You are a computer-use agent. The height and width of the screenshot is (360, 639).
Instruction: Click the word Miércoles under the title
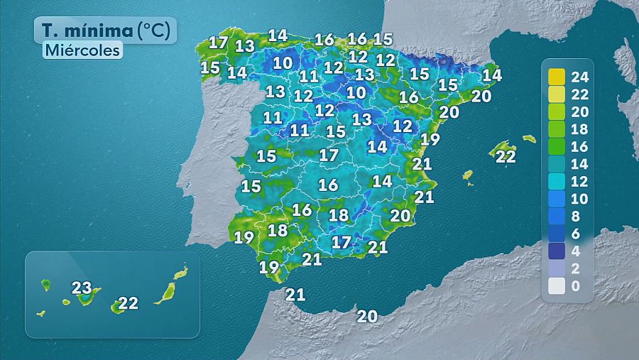82,50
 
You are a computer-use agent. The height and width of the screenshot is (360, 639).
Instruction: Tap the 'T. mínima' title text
87,30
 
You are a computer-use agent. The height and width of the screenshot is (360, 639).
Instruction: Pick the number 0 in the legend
575,286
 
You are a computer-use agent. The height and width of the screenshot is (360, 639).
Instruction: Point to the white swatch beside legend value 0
556,286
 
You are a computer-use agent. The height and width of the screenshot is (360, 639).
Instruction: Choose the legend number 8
575,216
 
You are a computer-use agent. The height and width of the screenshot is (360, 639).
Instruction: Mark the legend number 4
575,251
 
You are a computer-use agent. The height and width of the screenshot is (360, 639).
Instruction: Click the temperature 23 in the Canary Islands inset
82,288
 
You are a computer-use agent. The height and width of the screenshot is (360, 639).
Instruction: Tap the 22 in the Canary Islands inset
128,303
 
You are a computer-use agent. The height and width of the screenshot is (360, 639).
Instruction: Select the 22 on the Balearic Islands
506,157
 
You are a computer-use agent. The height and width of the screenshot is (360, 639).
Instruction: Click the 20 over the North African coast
367,317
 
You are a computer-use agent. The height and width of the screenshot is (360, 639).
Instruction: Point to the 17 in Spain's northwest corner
218,43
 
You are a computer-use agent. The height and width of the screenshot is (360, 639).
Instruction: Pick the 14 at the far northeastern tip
491,75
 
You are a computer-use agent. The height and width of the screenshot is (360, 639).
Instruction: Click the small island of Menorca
528,138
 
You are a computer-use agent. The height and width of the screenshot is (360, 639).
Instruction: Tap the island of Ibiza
467,175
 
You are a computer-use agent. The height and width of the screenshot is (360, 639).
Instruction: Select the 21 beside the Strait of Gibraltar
295,294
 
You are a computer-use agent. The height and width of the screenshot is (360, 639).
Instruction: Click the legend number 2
575,268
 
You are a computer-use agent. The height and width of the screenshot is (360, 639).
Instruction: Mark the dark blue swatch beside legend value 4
556,251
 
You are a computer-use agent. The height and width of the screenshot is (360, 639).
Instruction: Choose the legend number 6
575,234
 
